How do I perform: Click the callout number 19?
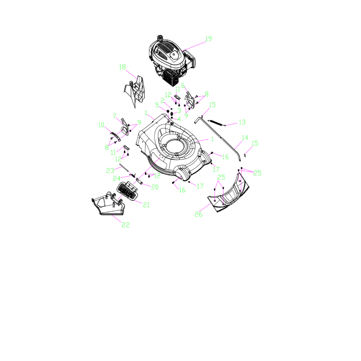click(208, 39)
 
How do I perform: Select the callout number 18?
click(122, 67)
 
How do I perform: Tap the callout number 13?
click(242, 122)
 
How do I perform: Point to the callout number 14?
click(245, 137)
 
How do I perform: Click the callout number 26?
click(199, 214)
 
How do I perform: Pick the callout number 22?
click(125, 225)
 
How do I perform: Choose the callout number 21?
click(146, 205)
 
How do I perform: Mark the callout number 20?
click(155, 187)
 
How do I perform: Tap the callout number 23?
click(110, 171)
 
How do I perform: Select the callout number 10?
click(101, 125)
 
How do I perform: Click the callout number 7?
click(115, 116)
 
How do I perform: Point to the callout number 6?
click(183, 85)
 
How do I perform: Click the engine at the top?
click(169, 61)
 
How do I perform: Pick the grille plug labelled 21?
click(127, 191)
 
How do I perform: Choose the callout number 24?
click(116, 178)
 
